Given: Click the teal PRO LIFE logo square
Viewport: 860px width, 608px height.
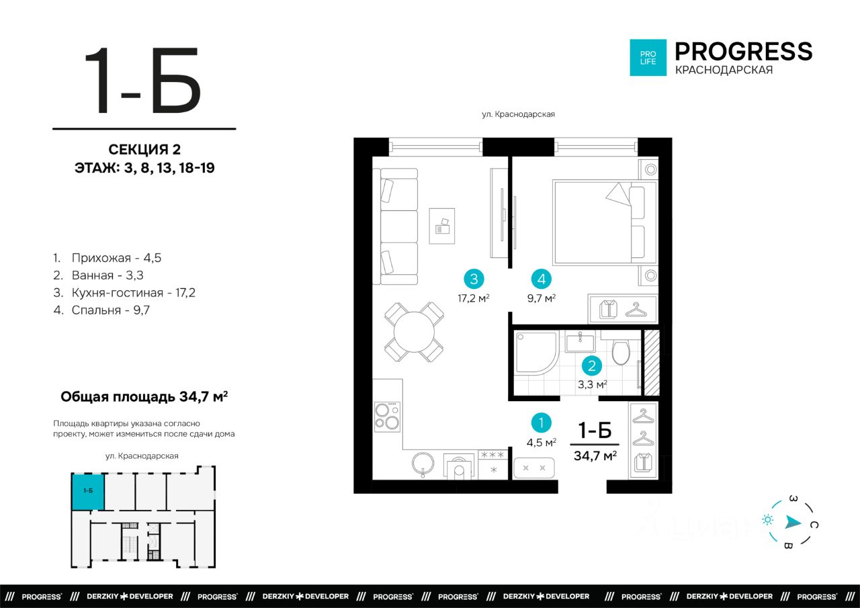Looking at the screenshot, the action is point(648,58).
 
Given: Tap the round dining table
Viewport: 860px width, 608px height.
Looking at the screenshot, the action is point(414,332).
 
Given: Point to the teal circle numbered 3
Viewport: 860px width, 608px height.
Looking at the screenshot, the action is point(474,279).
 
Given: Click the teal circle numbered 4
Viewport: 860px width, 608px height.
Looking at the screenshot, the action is point(542,279).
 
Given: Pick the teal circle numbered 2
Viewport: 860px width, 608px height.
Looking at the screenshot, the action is point(592,365).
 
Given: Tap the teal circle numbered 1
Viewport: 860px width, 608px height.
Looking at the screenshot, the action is point(542,423).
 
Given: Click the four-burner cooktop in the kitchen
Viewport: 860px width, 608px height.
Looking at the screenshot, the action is point(388,417).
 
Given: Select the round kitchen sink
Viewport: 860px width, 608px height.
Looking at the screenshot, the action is point(423,464).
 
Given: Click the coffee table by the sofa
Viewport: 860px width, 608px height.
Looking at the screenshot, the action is point(442,226).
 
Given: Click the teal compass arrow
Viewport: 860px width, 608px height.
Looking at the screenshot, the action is point(793,522).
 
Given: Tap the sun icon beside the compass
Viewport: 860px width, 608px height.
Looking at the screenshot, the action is point(768,520).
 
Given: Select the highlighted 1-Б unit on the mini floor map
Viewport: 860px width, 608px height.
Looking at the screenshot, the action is point(88,491).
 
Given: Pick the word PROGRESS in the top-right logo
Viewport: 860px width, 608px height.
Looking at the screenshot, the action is point(744,52).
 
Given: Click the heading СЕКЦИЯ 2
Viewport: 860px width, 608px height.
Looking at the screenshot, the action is point(144,149).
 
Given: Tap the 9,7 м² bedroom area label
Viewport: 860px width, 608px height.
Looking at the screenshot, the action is point(542,298).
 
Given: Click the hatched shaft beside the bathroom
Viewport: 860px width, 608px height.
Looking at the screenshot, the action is point(652,363).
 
